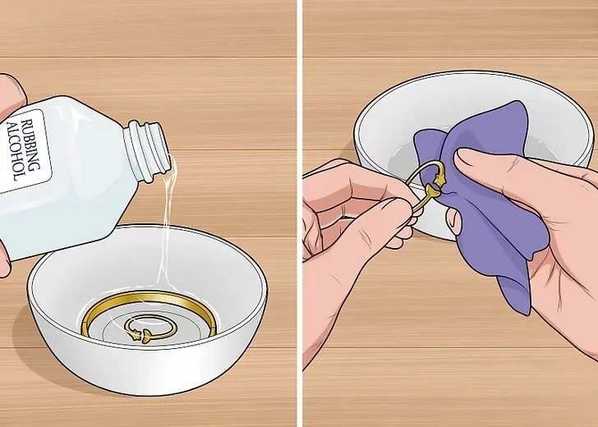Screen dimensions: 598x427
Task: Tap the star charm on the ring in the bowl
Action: [134, 335]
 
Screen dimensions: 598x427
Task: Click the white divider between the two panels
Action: [299, 213]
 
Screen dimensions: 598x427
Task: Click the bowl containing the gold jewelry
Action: [148, 309]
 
